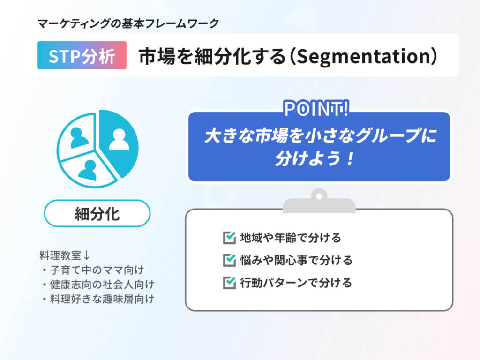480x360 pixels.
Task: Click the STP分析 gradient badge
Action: pos(82,55)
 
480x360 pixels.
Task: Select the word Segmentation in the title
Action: pos(363,56)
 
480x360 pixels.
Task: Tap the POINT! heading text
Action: pos(316,108)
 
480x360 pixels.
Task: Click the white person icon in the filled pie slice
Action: pos(119,139)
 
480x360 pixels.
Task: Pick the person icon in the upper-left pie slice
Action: pos(79,138)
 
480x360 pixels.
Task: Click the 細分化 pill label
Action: pos(97,213)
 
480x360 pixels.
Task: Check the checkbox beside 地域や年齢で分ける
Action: pos(229,238)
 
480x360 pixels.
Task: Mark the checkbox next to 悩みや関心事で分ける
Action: pos(229,260)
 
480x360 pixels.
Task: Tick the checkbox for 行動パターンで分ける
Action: pos(229,283)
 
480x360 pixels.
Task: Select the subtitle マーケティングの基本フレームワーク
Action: pos(128,23)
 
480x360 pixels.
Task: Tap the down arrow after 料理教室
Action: pos(86,255)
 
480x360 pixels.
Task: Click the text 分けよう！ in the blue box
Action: pos(315,158)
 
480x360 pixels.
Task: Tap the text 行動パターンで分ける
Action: pos(296,283)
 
